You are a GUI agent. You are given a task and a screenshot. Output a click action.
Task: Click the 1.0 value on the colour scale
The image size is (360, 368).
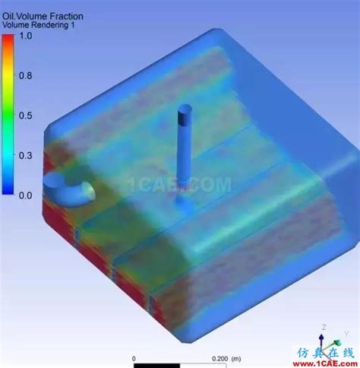click(26, 36)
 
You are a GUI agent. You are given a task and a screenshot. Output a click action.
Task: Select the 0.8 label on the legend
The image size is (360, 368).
click(26, 75)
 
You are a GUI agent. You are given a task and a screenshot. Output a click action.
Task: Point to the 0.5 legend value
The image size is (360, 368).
click(26, 116)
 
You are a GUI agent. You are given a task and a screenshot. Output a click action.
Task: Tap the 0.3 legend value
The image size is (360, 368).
click(26, 155)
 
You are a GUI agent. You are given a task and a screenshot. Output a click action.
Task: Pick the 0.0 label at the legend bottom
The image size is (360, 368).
click(26, 195)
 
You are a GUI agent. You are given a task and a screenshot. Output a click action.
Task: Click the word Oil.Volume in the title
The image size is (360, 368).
click(24, 17)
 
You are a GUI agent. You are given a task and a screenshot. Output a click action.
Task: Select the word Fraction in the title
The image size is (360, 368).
click(66, 17)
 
